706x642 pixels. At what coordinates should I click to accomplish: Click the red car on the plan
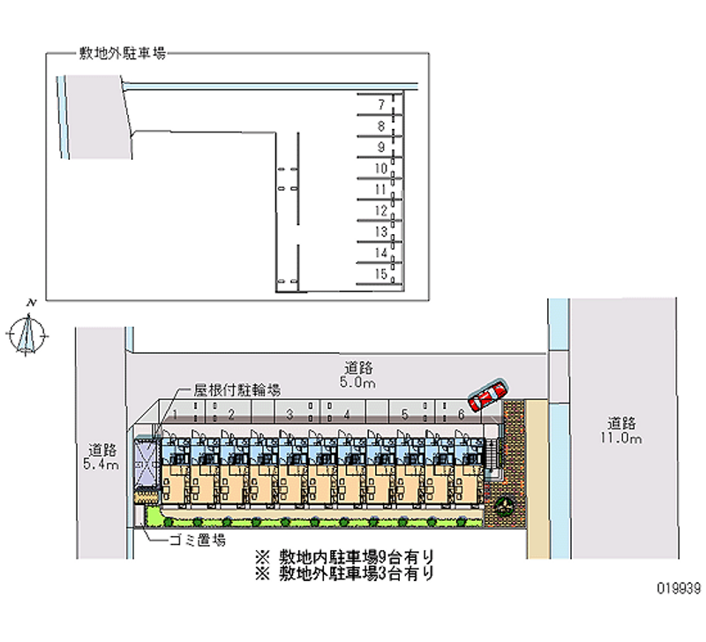tap(488, 397)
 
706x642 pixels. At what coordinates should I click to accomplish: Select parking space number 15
tap(380, 275)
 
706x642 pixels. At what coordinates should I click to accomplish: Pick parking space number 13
tap(380, 232)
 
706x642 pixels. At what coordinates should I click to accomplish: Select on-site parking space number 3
tap(289, 413)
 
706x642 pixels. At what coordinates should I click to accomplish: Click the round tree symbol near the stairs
tap(506, 507)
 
